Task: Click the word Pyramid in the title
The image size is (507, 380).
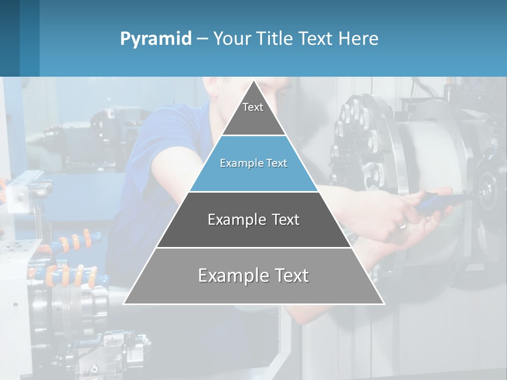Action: [156, 39]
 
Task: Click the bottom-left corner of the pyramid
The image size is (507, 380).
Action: [124, 303]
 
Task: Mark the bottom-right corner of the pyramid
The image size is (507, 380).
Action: [383, 303]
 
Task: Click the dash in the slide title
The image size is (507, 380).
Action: [202, 39]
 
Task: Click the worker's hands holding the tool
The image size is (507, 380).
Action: [417, 211]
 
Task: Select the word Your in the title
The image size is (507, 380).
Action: [232, 39]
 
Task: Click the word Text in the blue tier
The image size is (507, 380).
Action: [277, 164]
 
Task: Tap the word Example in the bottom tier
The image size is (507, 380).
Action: [231, 275]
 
